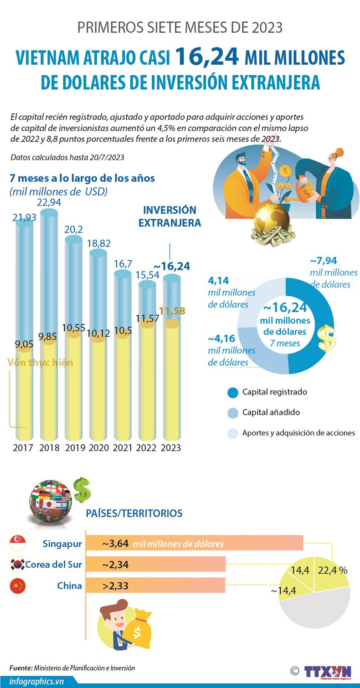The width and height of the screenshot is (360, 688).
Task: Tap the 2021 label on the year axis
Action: pyautogui.click(x=123, y=447)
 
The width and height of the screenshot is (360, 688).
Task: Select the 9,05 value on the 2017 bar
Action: pyautogui.click(x=24, y=345)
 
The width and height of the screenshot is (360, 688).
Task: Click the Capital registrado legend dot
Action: pyautogui.click(x=232, y=392)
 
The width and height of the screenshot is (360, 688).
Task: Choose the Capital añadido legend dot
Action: pyautogui.click(x=232, y=412)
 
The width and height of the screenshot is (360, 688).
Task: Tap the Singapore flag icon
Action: pyautogui.click(x=17, y=543)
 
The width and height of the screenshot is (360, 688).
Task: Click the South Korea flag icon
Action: pyautogui.click(x=17, y=565)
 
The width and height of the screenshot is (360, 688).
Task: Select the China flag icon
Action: pyautogui.click(x=17, y=586)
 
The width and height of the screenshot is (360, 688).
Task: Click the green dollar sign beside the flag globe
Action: pyautogui.click(x=82, y=490)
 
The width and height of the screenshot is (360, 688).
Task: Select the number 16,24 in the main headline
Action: pyautogui.click(x=207, y=57)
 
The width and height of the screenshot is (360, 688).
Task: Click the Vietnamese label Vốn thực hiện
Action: pyautogui.click(x=40, y=363)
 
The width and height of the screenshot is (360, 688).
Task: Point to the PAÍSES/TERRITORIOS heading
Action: pyautogui.click(x=134, y=513)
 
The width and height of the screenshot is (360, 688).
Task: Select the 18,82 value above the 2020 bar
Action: pyautogui.click(x=98, y=244)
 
